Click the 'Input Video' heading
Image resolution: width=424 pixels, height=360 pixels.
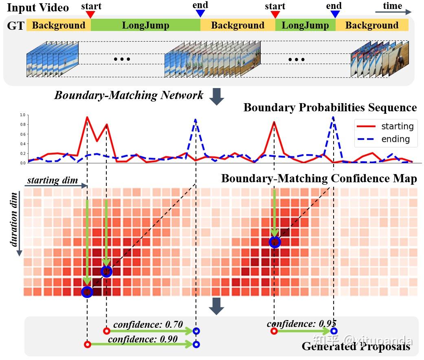coord(38,8)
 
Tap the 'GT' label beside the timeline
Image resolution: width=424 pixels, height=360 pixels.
coord(15,26)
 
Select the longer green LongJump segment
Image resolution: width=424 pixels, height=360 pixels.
coord(145,25)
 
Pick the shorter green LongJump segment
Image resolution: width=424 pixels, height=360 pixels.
coord(305,25)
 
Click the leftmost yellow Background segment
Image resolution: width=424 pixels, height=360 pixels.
coord(58,25)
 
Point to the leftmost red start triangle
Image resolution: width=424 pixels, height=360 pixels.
coord(91,15)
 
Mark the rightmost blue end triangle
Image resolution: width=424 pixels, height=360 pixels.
coord(335,14)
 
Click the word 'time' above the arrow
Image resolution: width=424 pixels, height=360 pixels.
coord(392,6)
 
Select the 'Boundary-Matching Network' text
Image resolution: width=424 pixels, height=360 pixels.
coord(129,95)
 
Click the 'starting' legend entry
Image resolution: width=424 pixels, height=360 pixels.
coord(397,126)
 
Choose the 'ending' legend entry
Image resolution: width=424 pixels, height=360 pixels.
coord(395,139)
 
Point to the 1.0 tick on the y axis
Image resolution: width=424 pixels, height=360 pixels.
coord(22,115)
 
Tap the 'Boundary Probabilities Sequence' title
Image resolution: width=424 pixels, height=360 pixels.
coord(330,108)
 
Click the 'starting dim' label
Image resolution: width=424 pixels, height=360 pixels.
coord(53,180)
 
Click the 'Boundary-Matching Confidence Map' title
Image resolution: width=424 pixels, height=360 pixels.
coord(319,179)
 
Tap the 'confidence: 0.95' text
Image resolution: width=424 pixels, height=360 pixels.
coord(301,324)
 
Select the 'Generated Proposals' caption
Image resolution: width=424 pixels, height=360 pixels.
coord(356,347)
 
